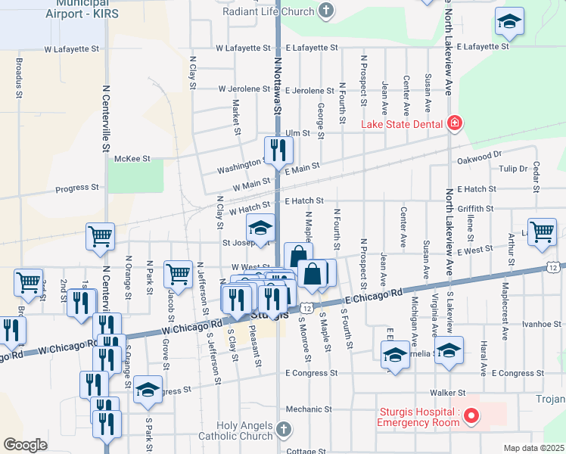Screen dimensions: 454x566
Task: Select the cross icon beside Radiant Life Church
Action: [x=326, y=11]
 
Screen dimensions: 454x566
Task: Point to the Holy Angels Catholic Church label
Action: [x=244, y=431]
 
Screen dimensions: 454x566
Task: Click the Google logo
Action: [x=25, y=445]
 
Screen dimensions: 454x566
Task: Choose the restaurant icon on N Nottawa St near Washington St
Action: [x=278, y=151]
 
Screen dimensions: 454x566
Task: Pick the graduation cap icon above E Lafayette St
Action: [x=510, y=22]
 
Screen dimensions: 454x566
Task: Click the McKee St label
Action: [x=132, y=159]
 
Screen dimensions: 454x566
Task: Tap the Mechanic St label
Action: [x=303, y=409]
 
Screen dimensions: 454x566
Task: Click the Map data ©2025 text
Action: [x=533, y=448]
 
